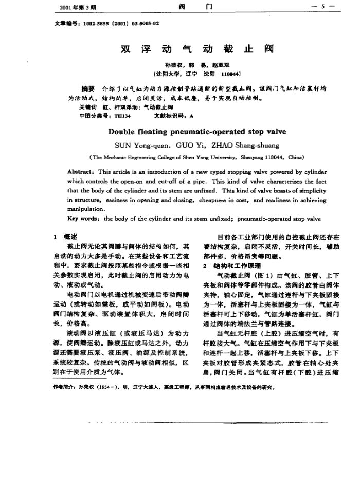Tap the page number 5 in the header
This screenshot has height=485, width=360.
pos(322,7)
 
